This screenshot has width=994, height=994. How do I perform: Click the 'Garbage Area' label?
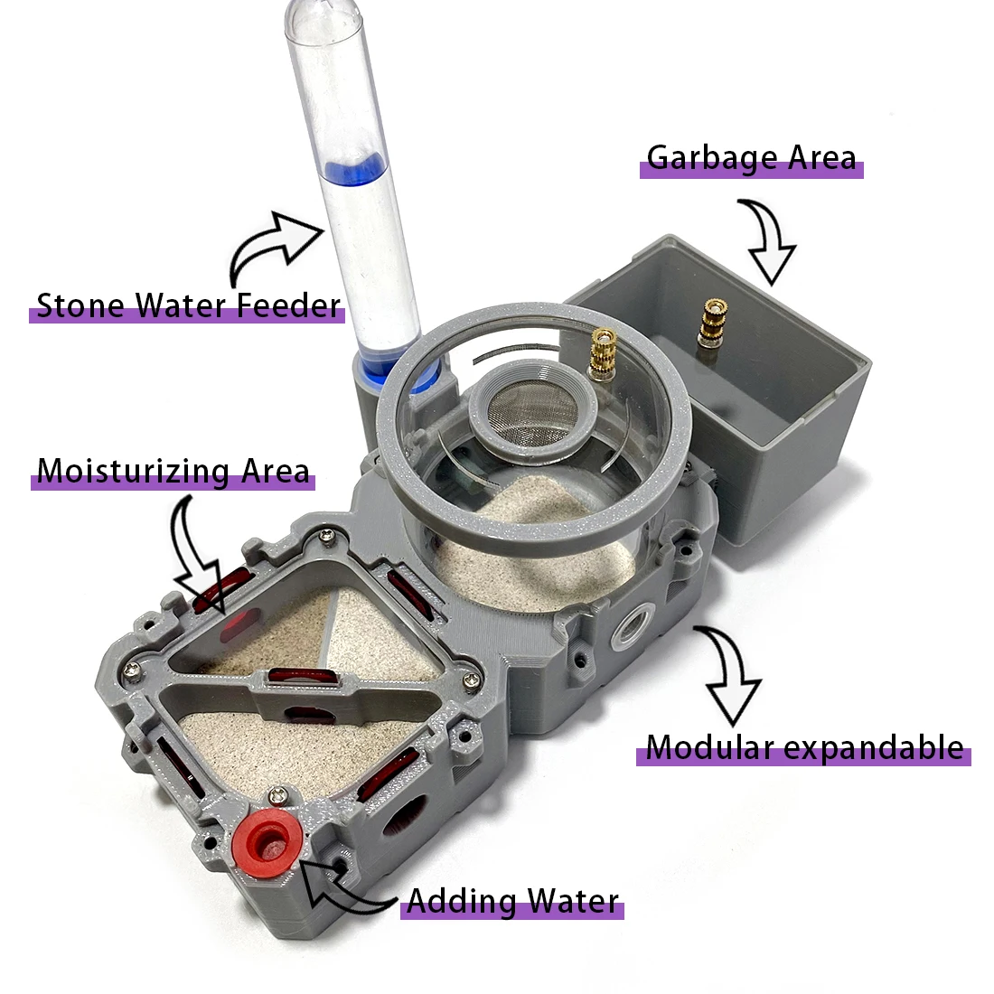pos(751,158)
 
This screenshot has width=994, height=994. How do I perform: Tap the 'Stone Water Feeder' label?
pos(188,305)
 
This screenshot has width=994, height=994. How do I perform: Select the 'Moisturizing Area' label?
pos(173,471)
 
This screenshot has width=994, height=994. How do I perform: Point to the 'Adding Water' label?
pos(512,901)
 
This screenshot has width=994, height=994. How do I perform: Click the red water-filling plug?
pos(267,844)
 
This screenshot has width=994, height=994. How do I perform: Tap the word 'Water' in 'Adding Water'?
pos(573,901)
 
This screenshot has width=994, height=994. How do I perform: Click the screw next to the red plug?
pos(278,793)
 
